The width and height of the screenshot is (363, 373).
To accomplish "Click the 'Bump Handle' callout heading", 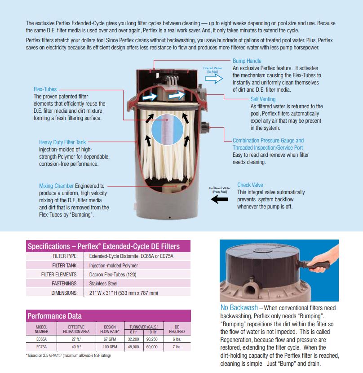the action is tap(247, 61).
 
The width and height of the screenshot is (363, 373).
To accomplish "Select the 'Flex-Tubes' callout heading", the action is tap(45, 89).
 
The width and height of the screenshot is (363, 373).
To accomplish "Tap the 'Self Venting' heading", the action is tap(263, 99).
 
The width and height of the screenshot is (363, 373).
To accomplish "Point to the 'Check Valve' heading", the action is tap(250, 185).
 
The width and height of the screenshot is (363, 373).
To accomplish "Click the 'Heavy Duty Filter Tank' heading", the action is tap(62, 142).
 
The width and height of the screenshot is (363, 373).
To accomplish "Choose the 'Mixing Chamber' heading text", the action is tap(56, 186).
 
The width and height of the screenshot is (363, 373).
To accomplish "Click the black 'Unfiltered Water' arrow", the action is tap(219, 199).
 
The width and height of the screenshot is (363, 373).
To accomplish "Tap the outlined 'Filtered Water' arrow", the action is tap(213, 79).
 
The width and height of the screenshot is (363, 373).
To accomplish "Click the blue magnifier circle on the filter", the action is tap(167, 129).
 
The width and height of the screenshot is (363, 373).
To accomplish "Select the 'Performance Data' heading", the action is tap(54, 316).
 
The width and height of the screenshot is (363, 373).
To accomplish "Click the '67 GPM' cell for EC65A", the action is tap(110, 339).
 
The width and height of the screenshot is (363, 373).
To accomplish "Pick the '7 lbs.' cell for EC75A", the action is tap(177, 347).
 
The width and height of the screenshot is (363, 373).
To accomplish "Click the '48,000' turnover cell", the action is tap(133, 347).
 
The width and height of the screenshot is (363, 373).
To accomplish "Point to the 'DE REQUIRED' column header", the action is tap(177, 329).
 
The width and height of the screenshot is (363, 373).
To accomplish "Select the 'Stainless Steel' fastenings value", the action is tap(103, 284).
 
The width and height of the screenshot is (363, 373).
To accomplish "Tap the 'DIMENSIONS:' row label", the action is tap(64, 293).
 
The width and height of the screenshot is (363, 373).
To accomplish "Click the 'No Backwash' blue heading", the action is tap(239, 307).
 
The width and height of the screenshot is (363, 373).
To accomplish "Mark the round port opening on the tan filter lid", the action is tap(249, 289).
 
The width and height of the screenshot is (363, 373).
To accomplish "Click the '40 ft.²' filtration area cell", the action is tap(76, 347).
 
